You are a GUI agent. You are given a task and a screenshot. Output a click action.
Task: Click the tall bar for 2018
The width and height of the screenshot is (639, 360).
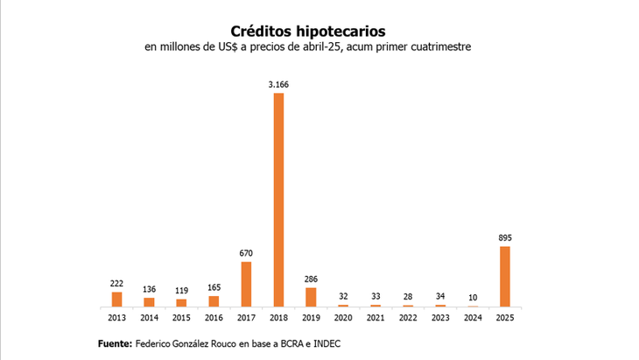(278, 200)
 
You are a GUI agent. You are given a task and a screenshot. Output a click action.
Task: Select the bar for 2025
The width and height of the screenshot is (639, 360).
(504, 276)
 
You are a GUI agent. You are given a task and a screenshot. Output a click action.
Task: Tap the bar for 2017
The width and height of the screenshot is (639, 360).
(246, 284)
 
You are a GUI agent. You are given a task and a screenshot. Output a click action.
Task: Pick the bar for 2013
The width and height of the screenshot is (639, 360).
(116, 299)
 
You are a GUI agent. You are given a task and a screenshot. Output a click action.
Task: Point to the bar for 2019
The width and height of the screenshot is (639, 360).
(311, 297)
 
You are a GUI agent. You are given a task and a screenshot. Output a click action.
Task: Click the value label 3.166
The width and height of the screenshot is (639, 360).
(278, 84)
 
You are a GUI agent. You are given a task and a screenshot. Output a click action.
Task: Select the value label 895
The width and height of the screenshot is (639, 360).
(504, 237)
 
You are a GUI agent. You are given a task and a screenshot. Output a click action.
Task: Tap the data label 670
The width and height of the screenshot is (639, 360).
(246, 253)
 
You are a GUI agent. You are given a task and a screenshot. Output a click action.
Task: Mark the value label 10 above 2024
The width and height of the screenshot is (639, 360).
(472, 296)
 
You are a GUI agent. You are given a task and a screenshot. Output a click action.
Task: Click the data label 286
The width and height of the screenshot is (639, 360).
(311, 279)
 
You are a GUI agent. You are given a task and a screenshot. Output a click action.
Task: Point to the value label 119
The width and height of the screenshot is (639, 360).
(181, 290)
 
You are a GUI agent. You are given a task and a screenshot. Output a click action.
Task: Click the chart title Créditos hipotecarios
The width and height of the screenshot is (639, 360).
(307, 31)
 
